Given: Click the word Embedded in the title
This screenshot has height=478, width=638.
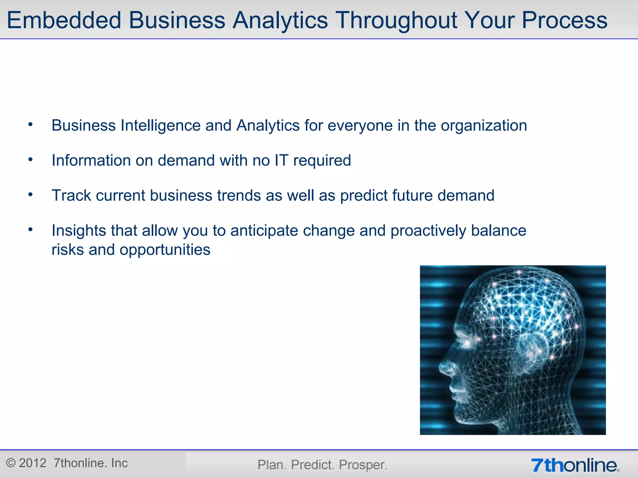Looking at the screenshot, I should [64, 20].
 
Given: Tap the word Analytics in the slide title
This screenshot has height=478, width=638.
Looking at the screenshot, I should [280, 20].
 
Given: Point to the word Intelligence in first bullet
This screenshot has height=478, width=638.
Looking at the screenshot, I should [160, 126].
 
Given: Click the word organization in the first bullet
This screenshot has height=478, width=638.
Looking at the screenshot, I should [484, 126].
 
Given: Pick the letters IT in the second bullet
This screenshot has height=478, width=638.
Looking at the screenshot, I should [281, 161].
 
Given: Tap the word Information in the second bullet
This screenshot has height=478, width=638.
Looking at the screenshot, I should [91, 161].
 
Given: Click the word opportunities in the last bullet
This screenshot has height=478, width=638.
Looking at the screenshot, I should [165, 250].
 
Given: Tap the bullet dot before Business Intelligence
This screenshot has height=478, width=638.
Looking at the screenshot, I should [30, 125].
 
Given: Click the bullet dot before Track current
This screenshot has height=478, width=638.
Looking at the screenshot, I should [30, 195].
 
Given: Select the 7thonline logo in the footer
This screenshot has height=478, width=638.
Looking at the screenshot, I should [575, 465].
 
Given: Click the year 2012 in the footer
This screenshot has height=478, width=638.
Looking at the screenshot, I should [33, 463].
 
